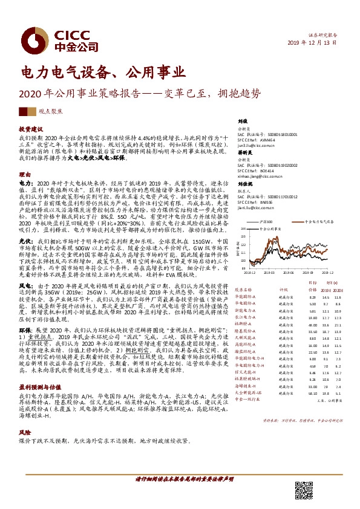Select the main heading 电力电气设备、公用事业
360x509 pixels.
pos(102,73)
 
